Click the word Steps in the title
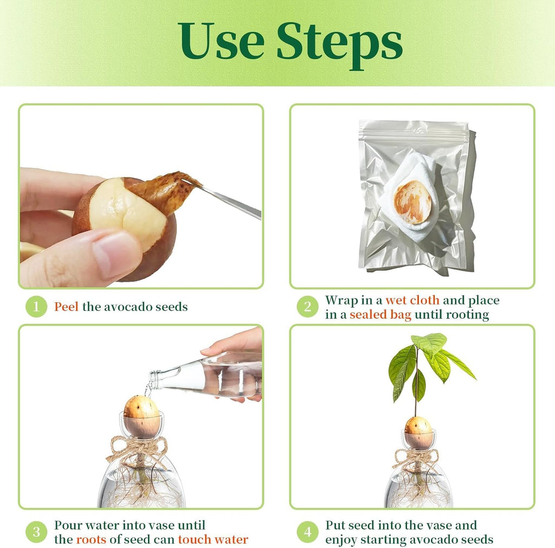pos(339,44)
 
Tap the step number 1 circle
pos(36,307)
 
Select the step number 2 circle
pos(308,307)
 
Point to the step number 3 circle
pos(36,532)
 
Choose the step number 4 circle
pos(308,532)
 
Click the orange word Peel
pos(66,307)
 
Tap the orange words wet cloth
pos(412,300)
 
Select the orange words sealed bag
pos(380,315)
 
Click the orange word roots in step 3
pos(91,539)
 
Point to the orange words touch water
pos(213,539)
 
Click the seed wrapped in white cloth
pos(412,202)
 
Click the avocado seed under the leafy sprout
pos(418,432)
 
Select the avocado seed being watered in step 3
pos(142,417)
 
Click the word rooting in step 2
pos(467,315)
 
